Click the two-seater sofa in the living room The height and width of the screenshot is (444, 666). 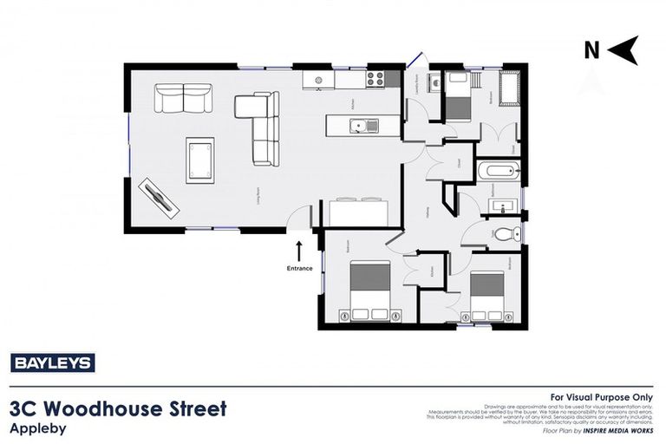(183, 97)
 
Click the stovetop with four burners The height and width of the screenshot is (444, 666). (375, 79)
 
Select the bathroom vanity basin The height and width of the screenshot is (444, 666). (502, 205)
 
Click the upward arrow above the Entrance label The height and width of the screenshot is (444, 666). (299, 251)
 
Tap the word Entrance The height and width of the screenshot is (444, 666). (299, 268)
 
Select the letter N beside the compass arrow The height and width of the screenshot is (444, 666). (591, 50)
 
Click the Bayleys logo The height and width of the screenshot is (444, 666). (52, 363)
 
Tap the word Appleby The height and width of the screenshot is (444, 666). (38, 427)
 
